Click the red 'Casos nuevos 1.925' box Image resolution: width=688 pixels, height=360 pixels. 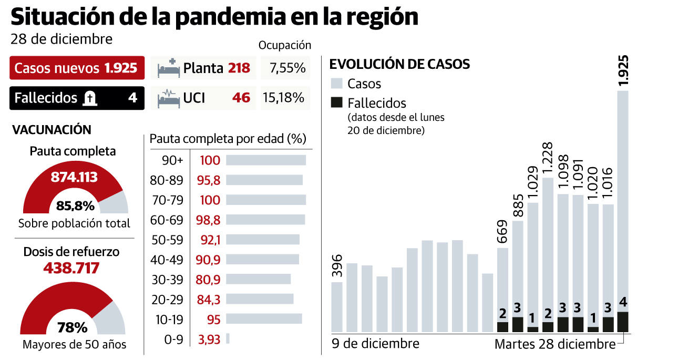point(76,68)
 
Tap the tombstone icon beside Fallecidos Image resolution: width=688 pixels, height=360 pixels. point(90,98)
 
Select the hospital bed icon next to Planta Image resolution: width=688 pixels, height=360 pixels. point(169,68)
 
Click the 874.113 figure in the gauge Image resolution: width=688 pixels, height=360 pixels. point(74,178)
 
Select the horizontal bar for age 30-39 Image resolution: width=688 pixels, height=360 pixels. point(258,279)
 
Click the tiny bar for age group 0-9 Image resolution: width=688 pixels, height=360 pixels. point(228,338)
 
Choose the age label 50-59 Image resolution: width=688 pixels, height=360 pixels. point(166,239)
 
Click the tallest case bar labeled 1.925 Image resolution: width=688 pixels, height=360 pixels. point(622,200)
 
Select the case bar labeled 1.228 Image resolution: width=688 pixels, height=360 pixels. point(548,247)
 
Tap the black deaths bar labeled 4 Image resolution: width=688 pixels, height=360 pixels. point(622,322)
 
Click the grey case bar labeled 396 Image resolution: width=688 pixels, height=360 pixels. point(337,307)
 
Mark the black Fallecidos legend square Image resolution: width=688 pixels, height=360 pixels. point(337,102)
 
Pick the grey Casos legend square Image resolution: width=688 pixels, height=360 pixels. point(337,83)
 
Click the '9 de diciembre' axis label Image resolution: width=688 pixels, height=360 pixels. point(375,344)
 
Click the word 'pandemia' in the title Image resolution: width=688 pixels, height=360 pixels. point(234,17)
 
